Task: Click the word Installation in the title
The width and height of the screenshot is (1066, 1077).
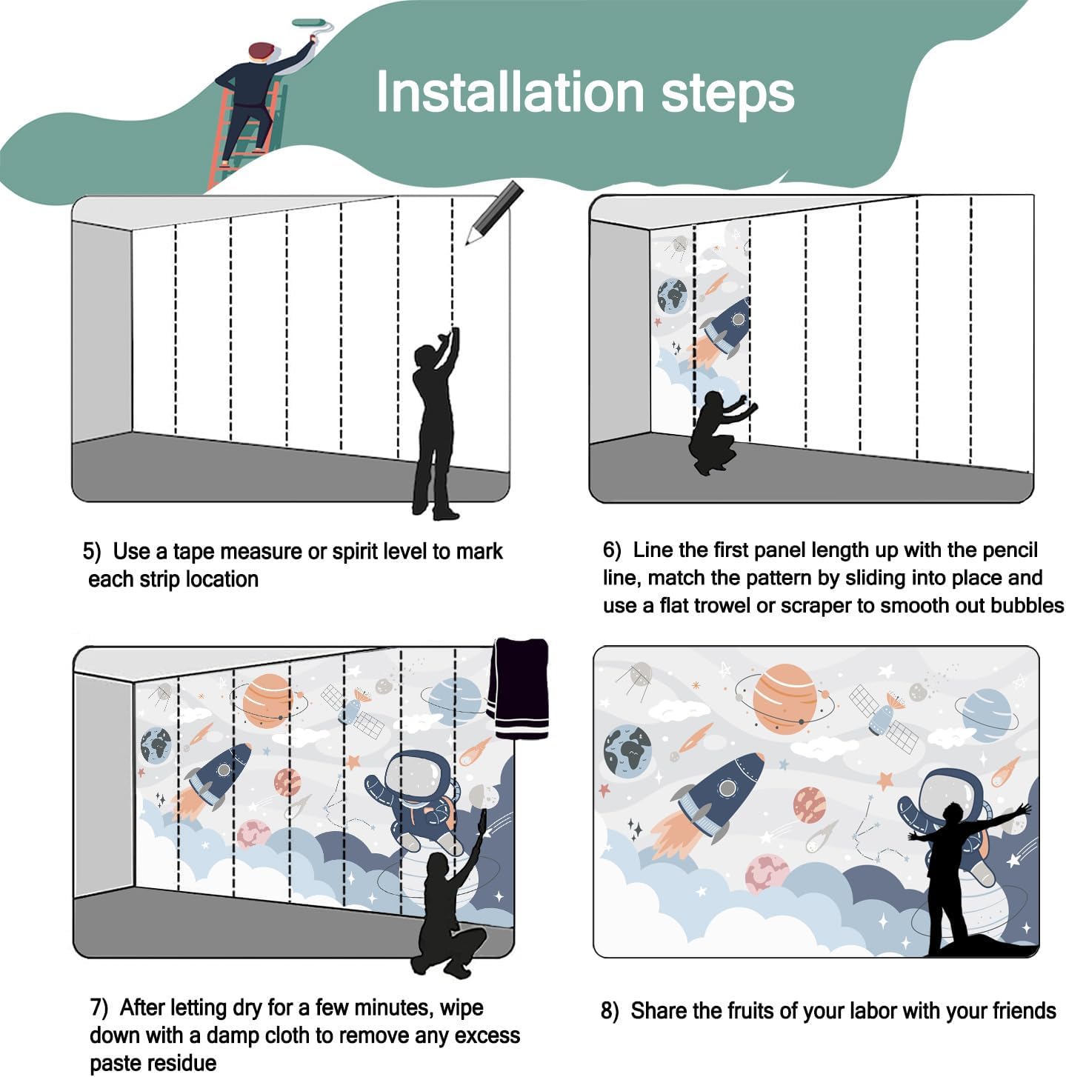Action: (509, 92)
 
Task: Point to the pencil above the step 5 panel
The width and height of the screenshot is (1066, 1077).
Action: (494, 212)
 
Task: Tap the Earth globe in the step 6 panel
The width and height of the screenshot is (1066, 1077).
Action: (671, 296)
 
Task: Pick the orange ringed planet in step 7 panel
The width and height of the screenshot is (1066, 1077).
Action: (268, 700)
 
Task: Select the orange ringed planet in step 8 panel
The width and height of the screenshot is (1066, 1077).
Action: (784, 698)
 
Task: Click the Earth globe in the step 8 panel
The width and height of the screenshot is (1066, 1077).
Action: (627, 750)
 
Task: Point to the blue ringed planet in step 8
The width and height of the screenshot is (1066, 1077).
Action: (986, 715)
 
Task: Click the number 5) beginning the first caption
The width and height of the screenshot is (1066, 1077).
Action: (92, 551)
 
